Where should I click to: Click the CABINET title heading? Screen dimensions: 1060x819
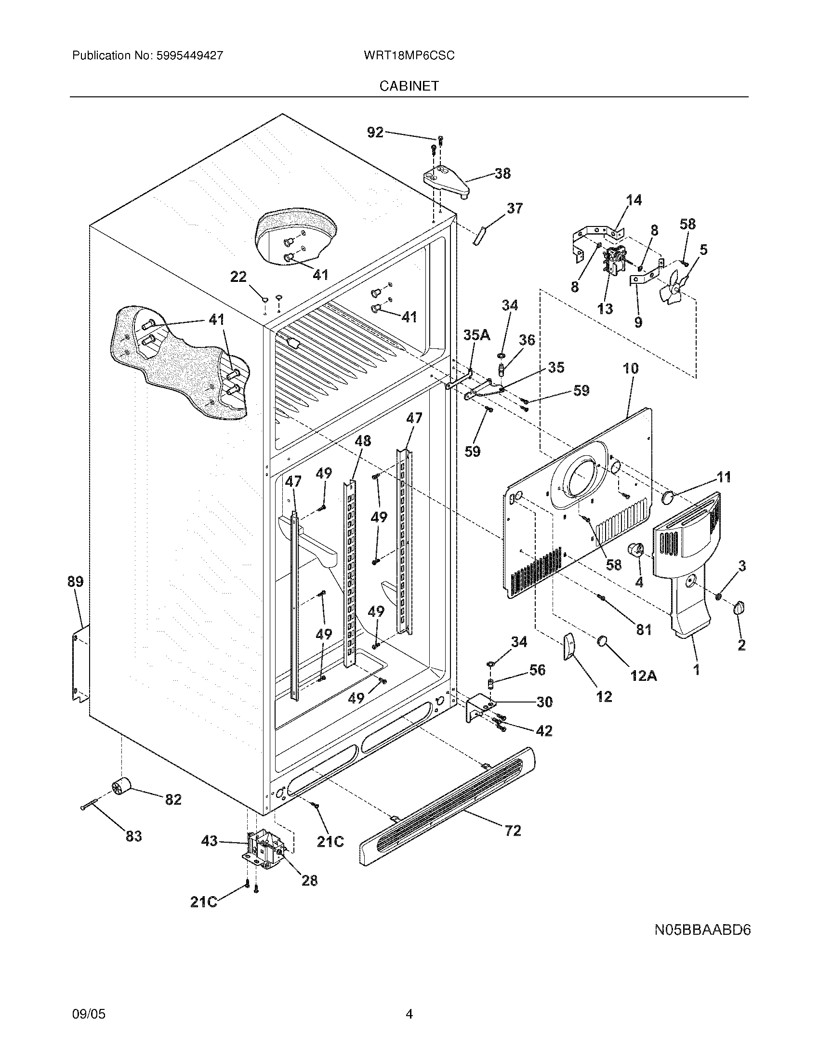click(x=409, y=86)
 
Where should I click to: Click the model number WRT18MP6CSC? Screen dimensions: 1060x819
click(x=409, y=56)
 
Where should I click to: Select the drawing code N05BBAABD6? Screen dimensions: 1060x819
click(x=702, y=930)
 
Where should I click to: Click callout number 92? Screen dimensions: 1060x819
click(x=375, y=132)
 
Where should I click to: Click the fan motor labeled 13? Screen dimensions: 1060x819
click(x=614, y=263)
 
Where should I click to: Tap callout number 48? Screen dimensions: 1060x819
click(x=362, y=441)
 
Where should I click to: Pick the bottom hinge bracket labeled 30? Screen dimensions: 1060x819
click(x=477, y=710)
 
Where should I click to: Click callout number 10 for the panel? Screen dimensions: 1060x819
click(x=630, y=368)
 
